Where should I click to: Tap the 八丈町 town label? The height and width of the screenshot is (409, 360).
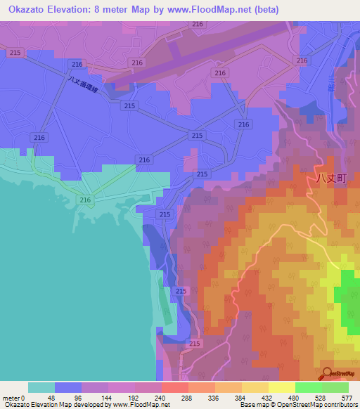tap(328, 178)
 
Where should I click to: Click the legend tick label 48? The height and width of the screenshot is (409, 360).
tap(54, 397)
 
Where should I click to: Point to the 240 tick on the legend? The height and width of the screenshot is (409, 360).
tap(161, 397)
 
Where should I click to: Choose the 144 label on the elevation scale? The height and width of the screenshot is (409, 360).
tap(108, 397)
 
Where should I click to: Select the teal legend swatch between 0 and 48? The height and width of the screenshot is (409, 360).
tap(41, 387)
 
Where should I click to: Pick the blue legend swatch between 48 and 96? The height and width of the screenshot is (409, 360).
tap(67, 387)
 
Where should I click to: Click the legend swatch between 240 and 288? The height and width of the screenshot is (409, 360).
tap(174, 387)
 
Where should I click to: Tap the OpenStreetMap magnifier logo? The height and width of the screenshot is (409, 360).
tap(328, 373)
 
